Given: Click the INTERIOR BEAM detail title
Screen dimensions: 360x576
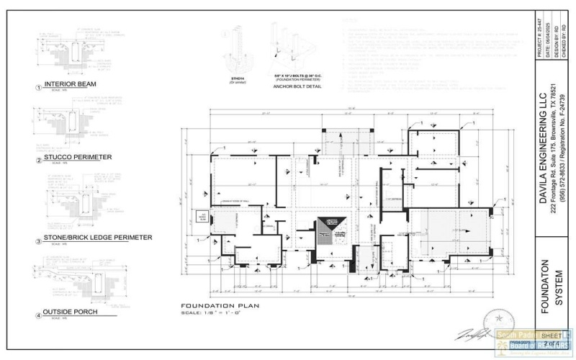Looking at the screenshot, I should (x=70, y=84).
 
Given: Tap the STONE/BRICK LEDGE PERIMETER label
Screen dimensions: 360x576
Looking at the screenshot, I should (x=98, y=237).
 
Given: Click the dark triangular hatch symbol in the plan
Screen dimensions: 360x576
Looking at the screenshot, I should (x=331, y=225).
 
